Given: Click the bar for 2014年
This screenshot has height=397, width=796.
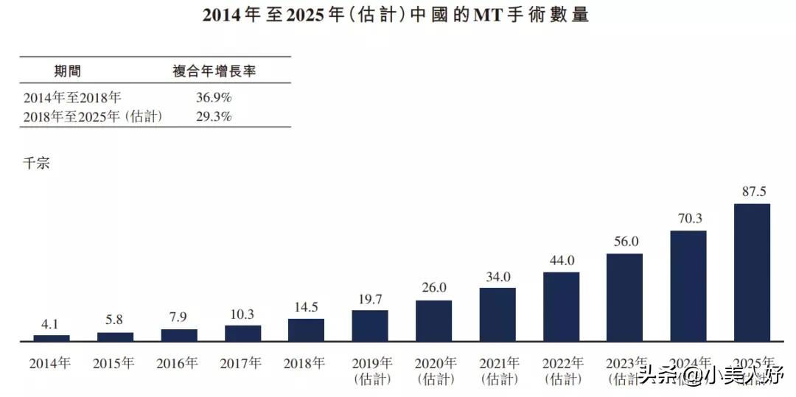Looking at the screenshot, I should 52,338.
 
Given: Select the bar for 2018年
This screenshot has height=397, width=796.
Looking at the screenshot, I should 306,330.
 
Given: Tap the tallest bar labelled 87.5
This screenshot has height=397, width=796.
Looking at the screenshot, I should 752,273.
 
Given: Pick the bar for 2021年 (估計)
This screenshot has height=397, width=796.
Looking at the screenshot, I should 497,315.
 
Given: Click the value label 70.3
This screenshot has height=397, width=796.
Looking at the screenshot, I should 688,218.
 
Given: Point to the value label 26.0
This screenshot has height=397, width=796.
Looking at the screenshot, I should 433,287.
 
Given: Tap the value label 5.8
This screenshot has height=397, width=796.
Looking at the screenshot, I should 116,320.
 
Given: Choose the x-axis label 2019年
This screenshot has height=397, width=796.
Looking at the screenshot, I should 370,363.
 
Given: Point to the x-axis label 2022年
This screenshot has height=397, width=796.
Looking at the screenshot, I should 562,363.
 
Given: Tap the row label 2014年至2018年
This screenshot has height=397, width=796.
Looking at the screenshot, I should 71,97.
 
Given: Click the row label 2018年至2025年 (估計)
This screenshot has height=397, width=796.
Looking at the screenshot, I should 92,116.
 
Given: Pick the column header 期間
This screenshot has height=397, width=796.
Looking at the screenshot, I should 68,71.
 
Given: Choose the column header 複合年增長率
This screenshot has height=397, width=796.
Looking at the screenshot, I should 214,71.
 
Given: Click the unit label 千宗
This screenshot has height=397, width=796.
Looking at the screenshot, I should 36,164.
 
